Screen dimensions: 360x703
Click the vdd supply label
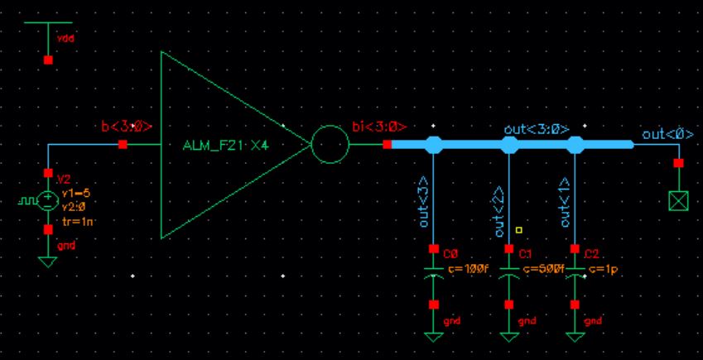[x=65, y=38]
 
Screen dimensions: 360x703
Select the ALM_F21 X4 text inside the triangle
[x=231, y=145]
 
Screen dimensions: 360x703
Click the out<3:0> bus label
[x=536, y=129]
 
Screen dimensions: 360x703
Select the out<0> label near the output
[x=667, y=134]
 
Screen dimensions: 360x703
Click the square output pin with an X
[x=679, y=199]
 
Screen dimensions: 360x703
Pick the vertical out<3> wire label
[x=424, y=201]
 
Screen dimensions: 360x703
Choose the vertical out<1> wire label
[x=565, y=202]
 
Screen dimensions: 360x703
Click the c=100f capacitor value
[x=463, y=268]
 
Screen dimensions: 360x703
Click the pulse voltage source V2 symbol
[x=47, y=200]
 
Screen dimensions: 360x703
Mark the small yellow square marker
[x=518, y=230]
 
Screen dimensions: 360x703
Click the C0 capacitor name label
[x=450, y=254]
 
